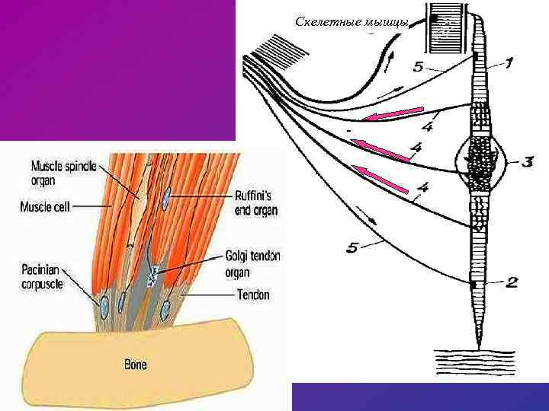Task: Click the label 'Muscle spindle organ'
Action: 63,174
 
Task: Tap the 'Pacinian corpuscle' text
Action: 43,274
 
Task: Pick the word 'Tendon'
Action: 253,295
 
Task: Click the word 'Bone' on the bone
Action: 136,365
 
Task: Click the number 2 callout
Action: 512,283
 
